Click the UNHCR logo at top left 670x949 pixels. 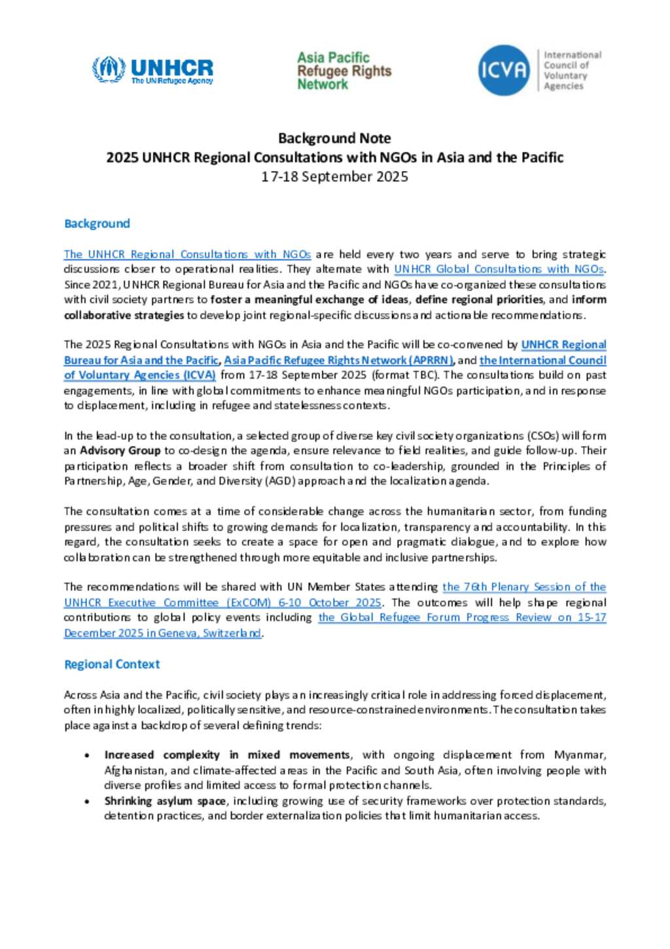coord(152,70)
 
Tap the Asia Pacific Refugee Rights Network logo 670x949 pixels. coord(344,71)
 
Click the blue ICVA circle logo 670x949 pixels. coord(503,70)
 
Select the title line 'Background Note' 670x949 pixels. coord(334,138)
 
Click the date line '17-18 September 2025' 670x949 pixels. coord(334,177)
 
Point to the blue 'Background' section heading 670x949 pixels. coord(97,223)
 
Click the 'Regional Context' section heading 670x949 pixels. coord(112,664)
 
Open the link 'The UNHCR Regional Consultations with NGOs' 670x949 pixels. coord(187,254)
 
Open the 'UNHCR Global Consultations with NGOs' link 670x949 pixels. coord(499,269)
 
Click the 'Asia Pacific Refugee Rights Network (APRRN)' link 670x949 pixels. coord(338,360)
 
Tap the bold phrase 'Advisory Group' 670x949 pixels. coord(120,451)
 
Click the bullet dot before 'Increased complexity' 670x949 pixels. coord(87,756)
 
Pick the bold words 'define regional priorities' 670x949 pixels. coord(488,299)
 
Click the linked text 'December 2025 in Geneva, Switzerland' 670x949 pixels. coord(162,633)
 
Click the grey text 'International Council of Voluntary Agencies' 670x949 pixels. coord(572,70)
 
